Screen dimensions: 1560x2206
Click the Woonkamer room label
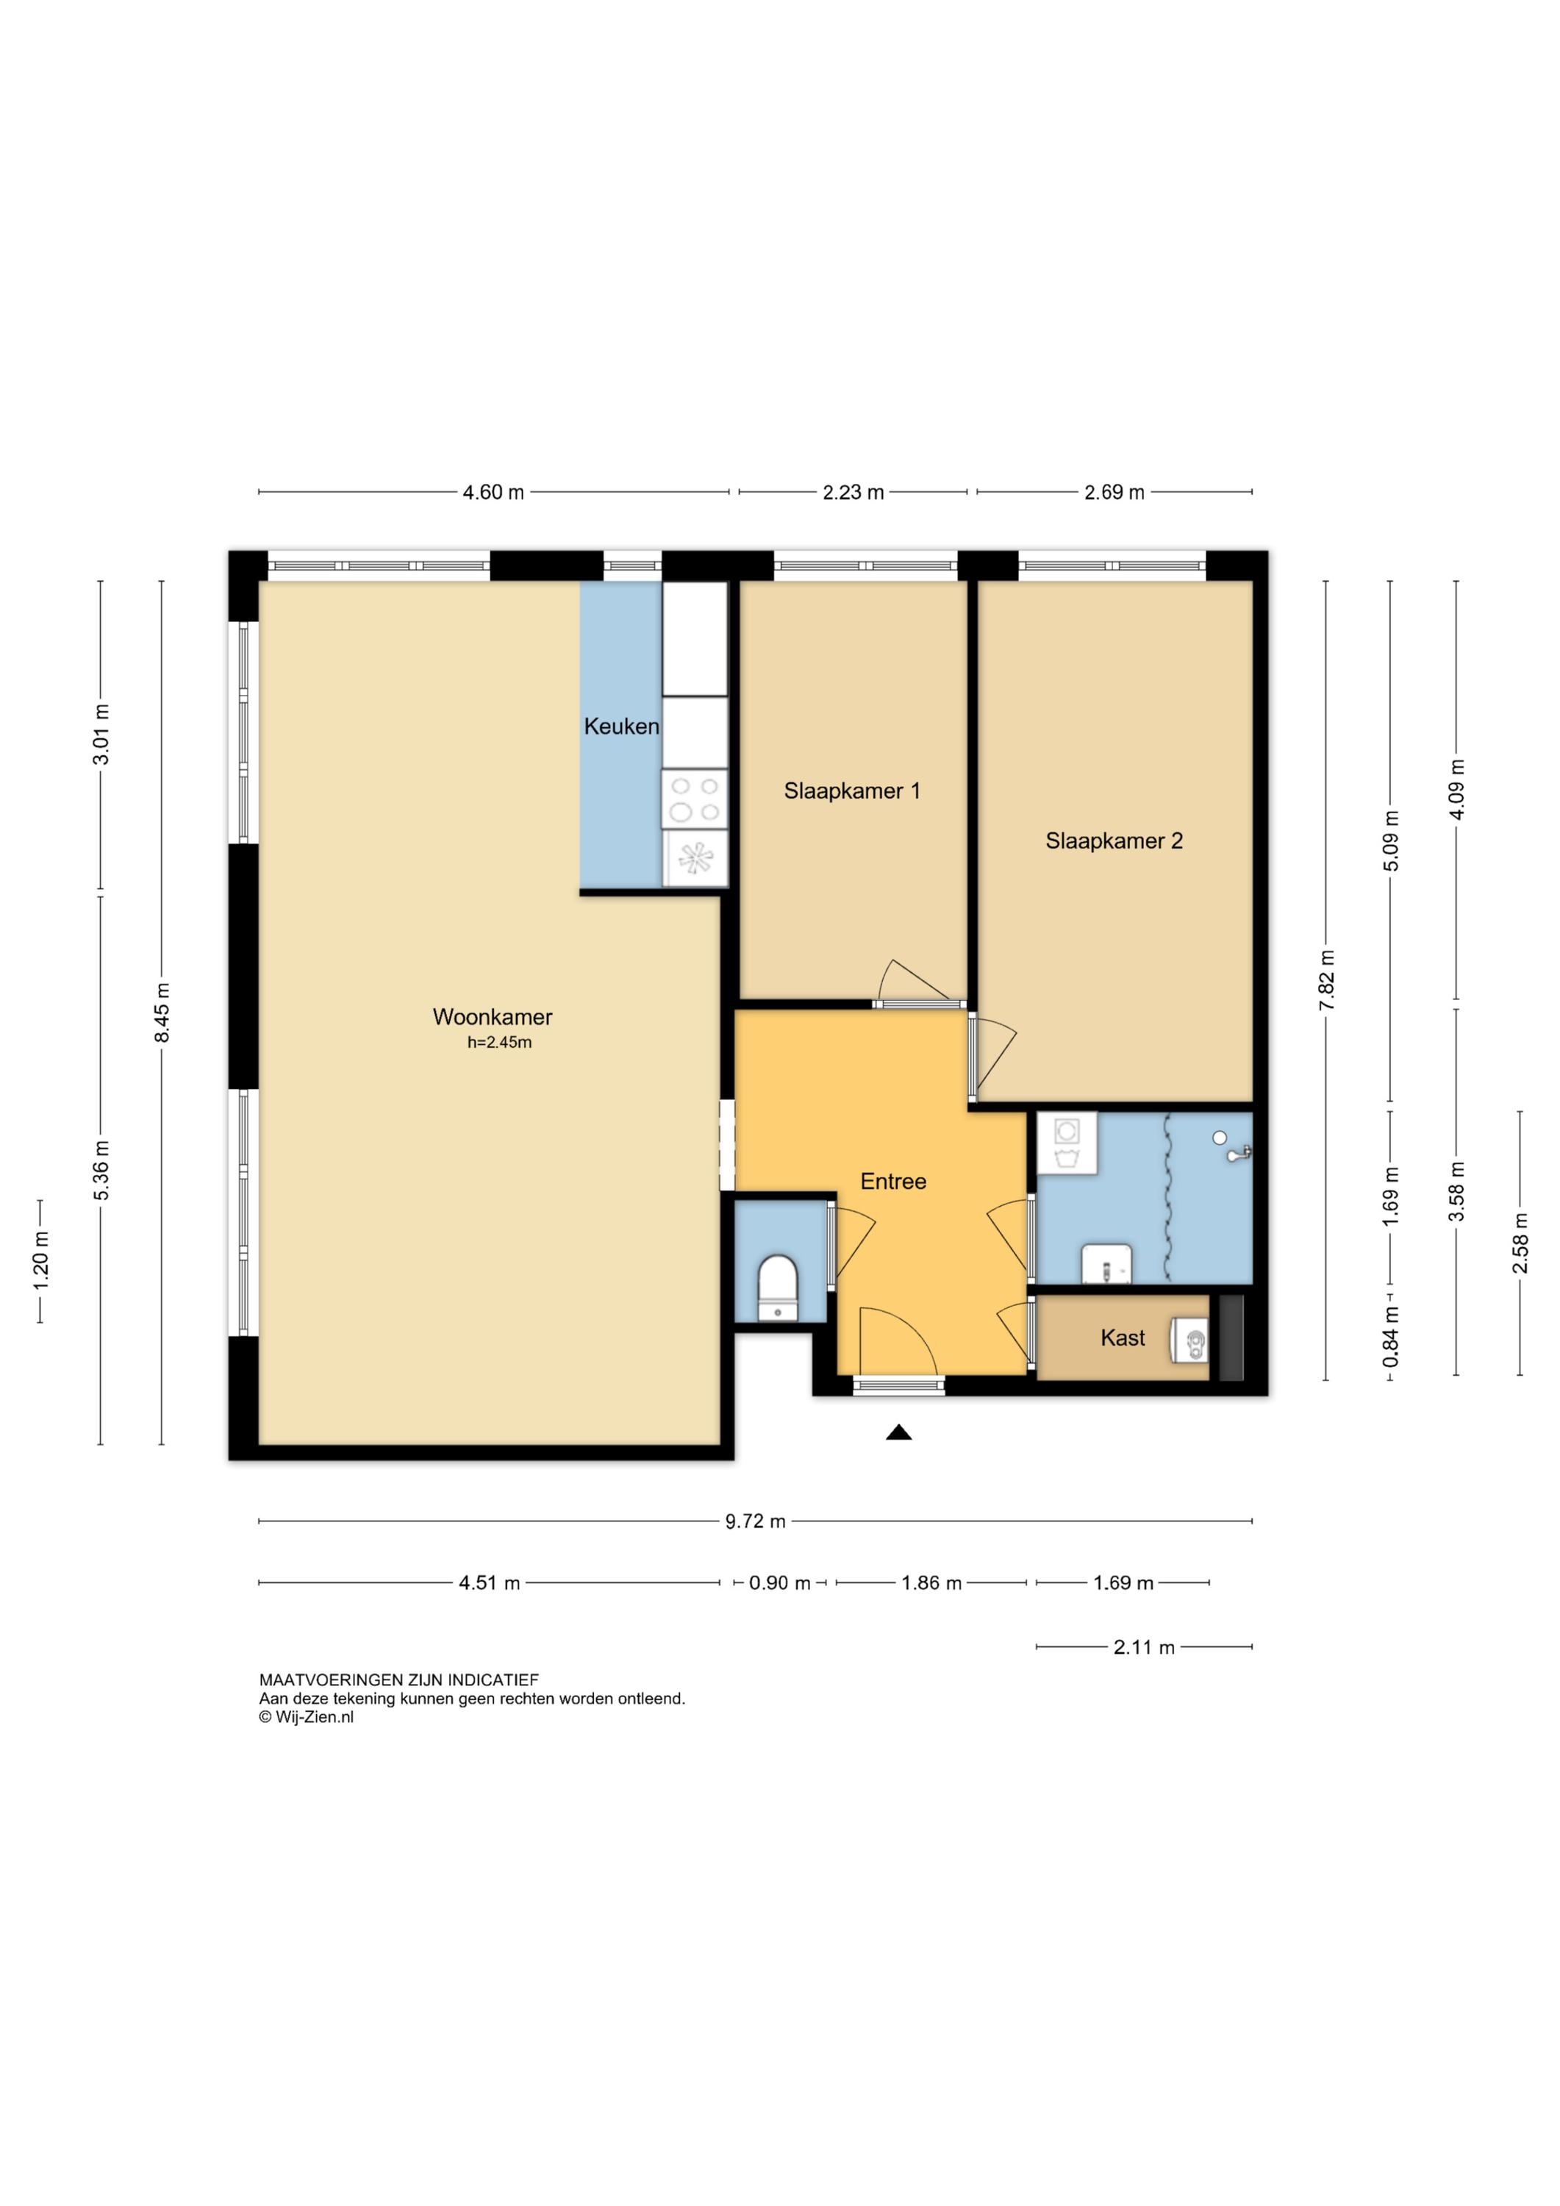pos(492,1016)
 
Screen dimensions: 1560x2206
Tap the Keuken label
pos(621,727)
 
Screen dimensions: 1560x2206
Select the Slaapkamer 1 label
pos(852,790)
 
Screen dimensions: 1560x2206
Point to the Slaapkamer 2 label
pos(1114,840)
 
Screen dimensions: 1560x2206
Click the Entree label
pos(893,1182)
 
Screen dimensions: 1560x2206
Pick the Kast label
pos(1123,1338)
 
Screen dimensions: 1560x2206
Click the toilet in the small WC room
pos(778,1288)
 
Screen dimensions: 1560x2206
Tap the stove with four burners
pos(695,799)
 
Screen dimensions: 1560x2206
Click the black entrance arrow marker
pos(898,1432)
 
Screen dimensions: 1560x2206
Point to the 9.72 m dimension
pos(755,1521)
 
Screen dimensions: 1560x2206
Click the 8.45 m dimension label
pos(162,1012)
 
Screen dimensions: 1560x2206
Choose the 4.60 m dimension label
pos(494,492)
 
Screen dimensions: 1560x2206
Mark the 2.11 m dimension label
pos(1144,1647)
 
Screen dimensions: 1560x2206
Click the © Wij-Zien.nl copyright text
pos(307,1717)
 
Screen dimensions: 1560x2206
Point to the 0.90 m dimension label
pos(780,1582)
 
